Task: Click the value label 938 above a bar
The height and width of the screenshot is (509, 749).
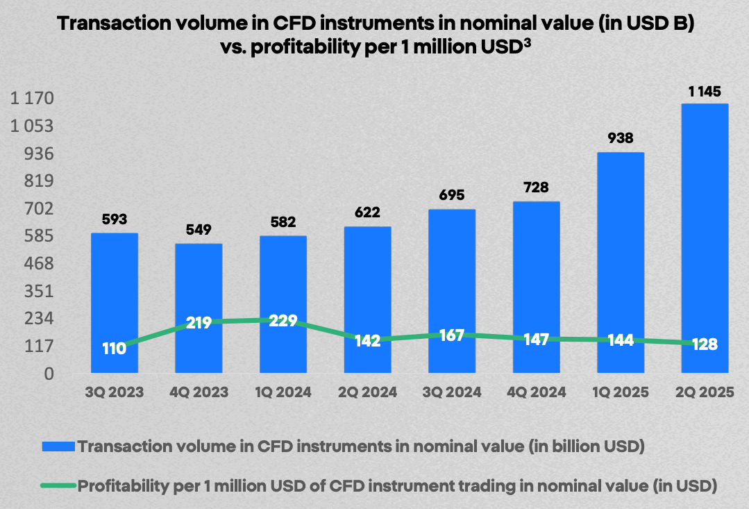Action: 621,138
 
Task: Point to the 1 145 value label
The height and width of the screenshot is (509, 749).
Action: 705,91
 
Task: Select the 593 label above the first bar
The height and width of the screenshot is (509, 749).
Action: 115,219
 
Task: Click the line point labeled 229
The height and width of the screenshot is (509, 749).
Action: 283,320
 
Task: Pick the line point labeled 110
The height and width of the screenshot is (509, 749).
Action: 115,349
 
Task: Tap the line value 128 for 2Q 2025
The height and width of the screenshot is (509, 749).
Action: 705,344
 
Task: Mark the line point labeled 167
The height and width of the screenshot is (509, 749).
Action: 452,335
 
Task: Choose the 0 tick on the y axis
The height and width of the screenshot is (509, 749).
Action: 48,374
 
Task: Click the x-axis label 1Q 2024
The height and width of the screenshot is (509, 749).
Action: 283,392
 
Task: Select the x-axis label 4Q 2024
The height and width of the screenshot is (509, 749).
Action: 536,392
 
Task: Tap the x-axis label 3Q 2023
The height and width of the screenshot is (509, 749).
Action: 115,392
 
